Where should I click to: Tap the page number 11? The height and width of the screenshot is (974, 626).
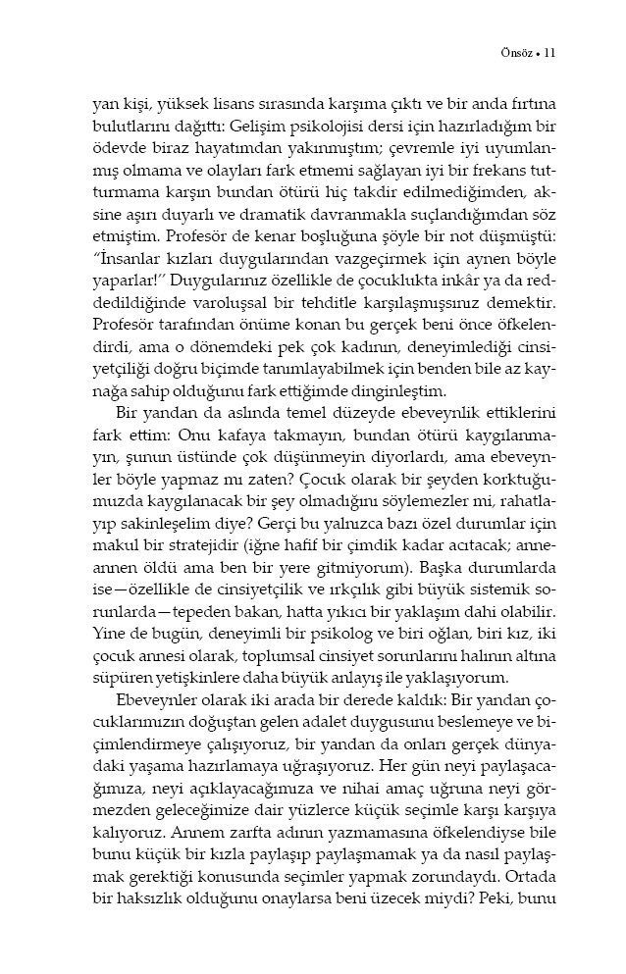click(x=549, y=52)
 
